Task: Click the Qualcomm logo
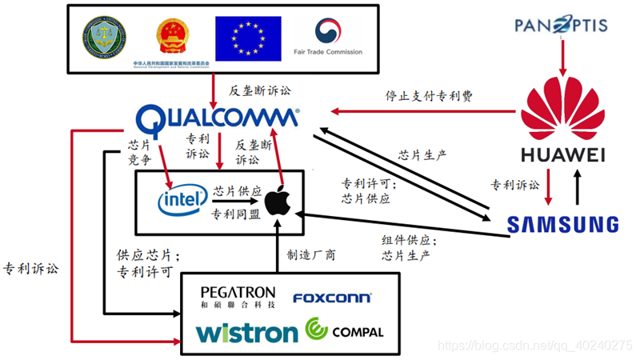217,121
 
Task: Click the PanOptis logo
561,26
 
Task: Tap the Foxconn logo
331,298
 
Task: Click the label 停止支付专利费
429,95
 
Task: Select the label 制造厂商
311,255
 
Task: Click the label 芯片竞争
139,153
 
